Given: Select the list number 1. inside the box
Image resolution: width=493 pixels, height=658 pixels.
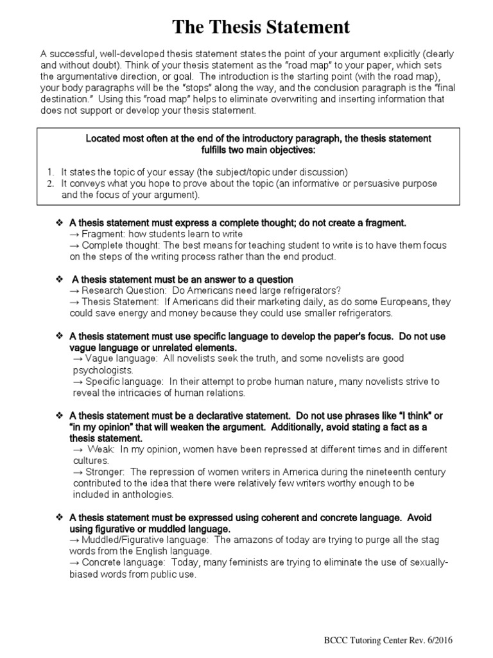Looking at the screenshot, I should (x=49, y=172).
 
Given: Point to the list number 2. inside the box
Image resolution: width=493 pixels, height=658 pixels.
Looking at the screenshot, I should (x=49, y=184).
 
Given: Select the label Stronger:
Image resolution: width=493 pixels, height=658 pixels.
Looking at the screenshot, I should (x=105, y=472).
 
